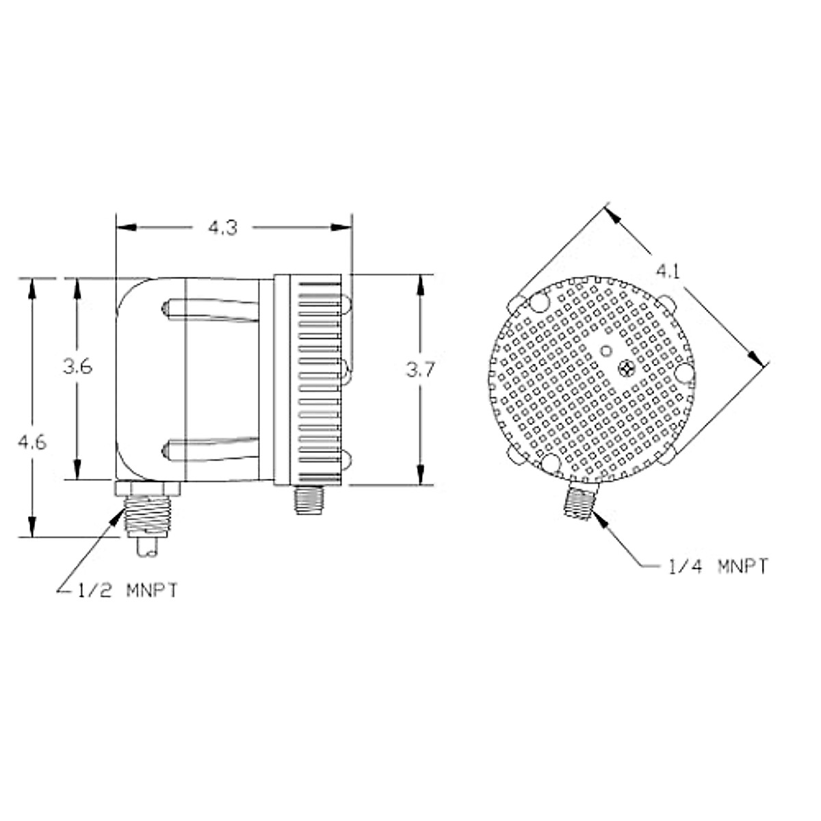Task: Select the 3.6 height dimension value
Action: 77,367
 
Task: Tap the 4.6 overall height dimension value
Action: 31,443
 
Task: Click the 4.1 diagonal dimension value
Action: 668,272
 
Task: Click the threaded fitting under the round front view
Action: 578,501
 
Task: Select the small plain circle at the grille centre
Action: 605,351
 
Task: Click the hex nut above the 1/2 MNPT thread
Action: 147,488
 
